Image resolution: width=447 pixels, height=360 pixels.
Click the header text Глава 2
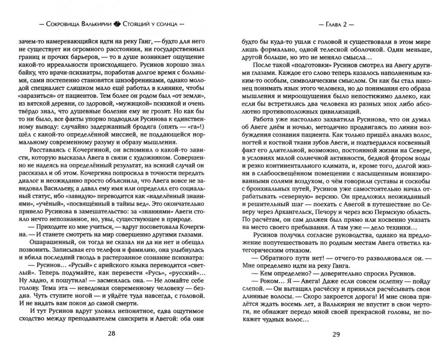point(335,24)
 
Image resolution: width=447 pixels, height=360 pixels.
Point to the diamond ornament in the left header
point(117,24)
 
